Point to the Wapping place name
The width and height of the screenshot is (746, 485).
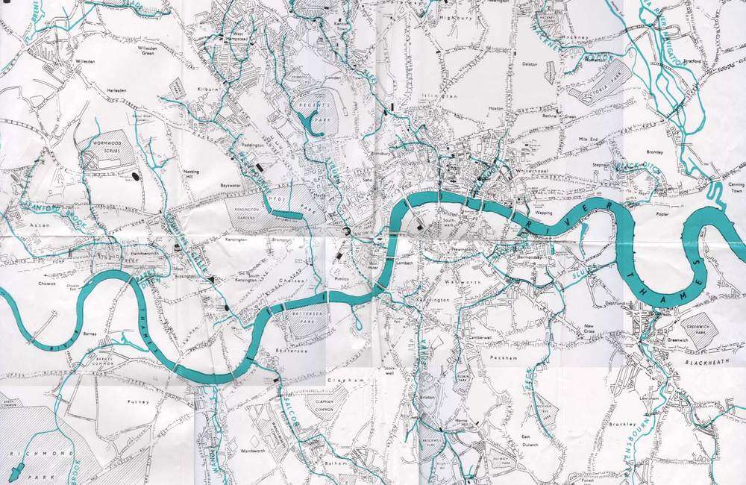coord(544,213)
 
